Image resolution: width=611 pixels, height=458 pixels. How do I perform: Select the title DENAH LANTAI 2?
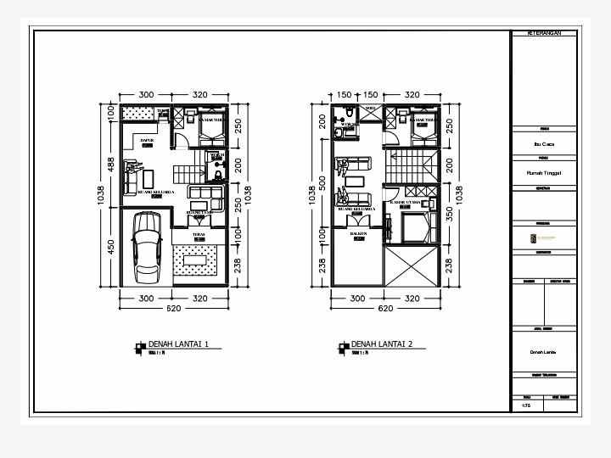[x=382, y=344]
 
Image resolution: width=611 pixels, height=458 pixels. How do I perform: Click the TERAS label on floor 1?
[x=199, y=235]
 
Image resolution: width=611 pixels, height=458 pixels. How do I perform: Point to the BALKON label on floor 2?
[x=358, y=232]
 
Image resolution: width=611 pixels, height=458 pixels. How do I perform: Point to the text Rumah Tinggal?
[x=543, y=171]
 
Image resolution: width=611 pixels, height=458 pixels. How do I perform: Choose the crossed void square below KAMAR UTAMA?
[x=412, y=268]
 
